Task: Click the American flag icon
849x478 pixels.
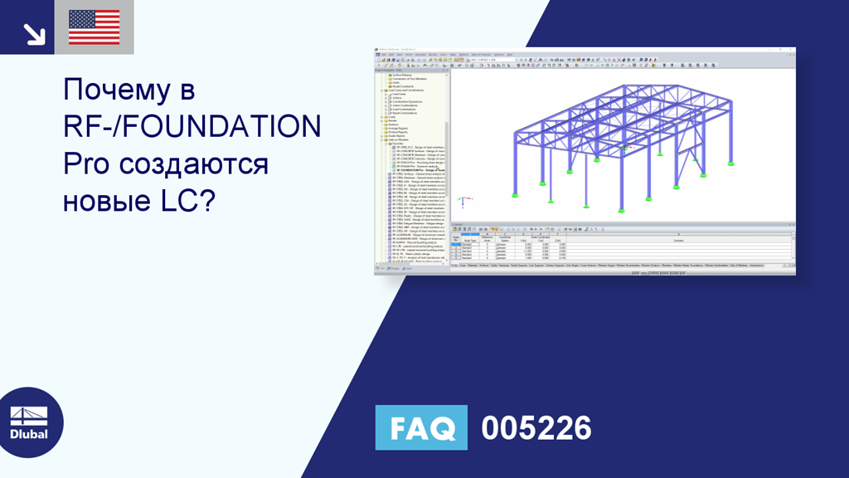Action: (x=94, y=27)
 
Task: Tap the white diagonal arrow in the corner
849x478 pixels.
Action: (x=34, y=33)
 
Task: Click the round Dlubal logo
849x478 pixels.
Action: (x=29, y=422)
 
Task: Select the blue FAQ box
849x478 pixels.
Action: (x=421, y=428)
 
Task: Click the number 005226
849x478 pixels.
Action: (x=536, y=428)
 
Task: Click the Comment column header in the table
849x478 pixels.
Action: (x=678, y=240)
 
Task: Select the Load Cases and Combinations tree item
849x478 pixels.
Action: (x=405, y=90)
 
